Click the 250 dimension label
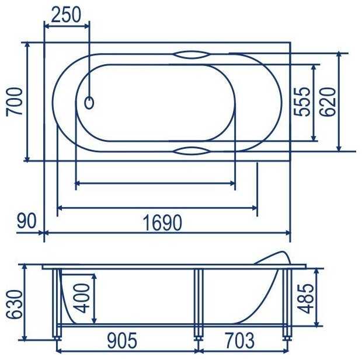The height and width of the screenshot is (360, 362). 66,15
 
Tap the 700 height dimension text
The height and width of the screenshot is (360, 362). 15,102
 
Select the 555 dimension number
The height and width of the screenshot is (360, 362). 302,102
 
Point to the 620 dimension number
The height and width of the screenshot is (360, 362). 328,102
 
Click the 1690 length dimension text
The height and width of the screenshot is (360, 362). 162,223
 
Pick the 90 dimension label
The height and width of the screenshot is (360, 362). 27,221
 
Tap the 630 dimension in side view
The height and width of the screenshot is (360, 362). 15,305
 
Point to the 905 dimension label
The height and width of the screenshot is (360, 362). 122,340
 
